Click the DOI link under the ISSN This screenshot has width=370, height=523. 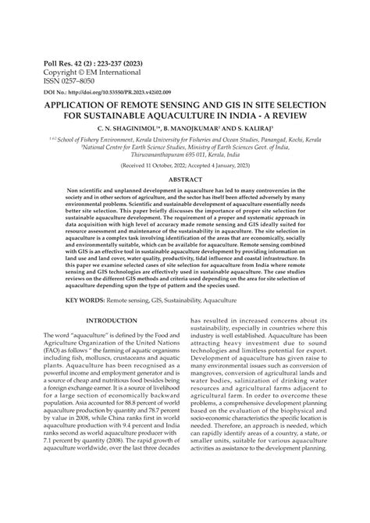[98, 92]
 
